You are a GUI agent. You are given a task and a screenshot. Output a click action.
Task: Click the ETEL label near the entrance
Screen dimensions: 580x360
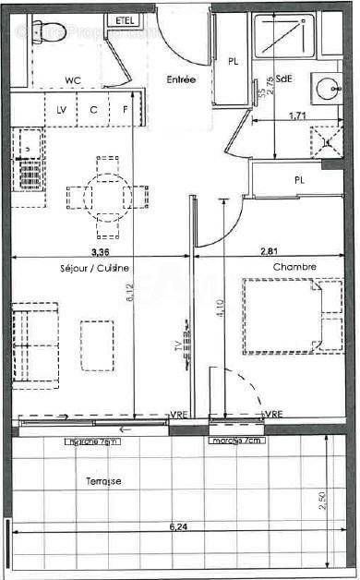[x=123, y=20]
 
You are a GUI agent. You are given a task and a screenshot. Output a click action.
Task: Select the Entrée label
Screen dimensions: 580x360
[x=181, y=80]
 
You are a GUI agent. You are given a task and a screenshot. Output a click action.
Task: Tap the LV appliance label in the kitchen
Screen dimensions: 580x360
[x=62, y=110]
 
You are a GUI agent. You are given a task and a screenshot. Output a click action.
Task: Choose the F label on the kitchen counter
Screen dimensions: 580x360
[x=125, y=110]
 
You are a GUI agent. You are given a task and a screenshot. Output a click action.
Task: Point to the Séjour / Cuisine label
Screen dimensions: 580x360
[x=102, y=268]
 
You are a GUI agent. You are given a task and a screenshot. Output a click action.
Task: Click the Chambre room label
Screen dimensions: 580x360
[x=294, y=267]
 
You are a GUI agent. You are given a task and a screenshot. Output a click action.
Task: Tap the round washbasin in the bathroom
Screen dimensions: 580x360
[x=327, y=88]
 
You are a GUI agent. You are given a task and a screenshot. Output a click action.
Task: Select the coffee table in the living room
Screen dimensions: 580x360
[x=97, y=344]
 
